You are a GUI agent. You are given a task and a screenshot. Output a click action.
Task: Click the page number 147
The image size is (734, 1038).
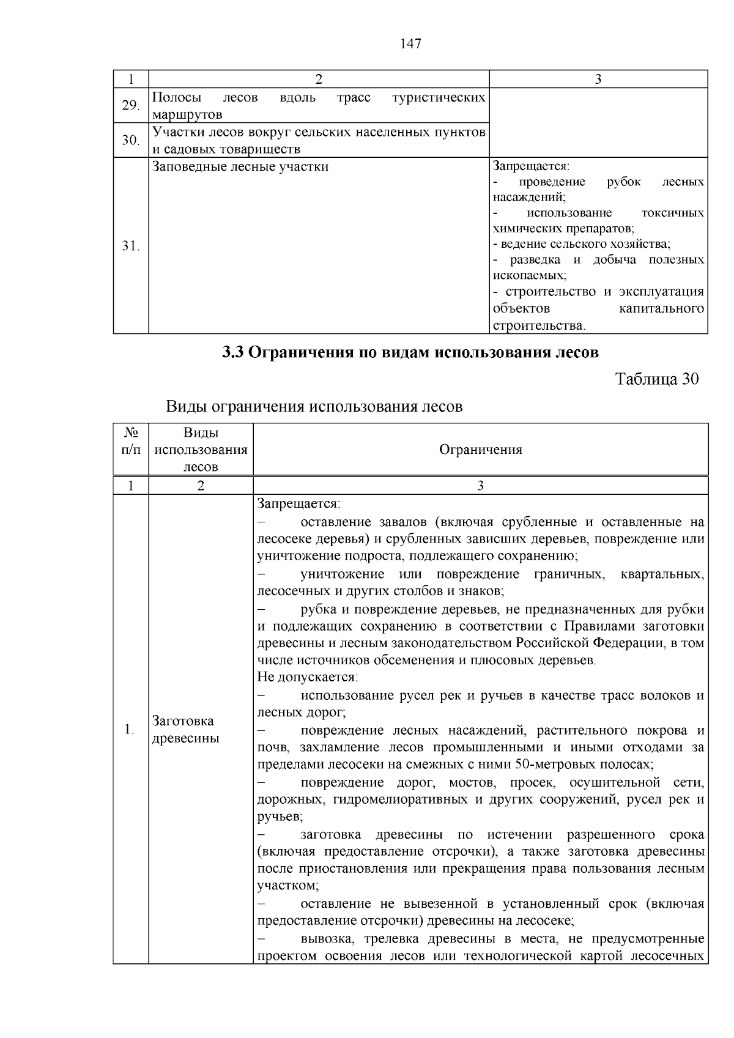pyautogui.click(x=410, y=43)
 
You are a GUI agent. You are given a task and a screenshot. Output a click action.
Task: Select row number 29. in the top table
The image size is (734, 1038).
pyautogui.click(x=130, y=106)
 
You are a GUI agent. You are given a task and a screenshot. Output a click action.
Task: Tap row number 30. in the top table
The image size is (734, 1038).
pyautogui.click(x=130, y=141)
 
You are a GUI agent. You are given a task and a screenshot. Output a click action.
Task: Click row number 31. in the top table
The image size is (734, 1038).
pyautogui.click(x=130, y=246)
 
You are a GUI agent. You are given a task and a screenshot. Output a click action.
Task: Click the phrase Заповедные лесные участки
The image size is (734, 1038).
pyautogui.click(x=240, y=166)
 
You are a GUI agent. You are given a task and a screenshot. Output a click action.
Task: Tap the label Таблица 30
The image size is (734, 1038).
pyautogui.click(x=656, y=379)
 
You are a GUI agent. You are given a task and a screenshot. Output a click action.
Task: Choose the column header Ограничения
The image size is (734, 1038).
pyautogui.click(x=480, y=450)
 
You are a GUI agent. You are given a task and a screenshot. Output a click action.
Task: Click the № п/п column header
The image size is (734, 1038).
pyautogui.click(x=130, y=441)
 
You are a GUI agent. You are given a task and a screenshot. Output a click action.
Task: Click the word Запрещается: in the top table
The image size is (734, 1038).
pyautogui.click(x=531, y=166)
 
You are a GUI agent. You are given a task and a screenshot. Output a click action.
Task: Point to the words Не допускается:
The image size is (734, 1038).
pyautogui.click(x=307, y=677)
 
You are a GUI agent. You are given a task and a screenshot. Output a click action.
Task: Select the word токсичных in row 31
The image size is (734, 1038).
pyautogui.click(x=673, y=213)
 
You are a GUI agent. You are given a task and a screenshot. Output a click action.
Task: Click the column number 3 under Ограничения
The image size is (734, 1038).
pyautogui.click(x=480, y=486)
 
